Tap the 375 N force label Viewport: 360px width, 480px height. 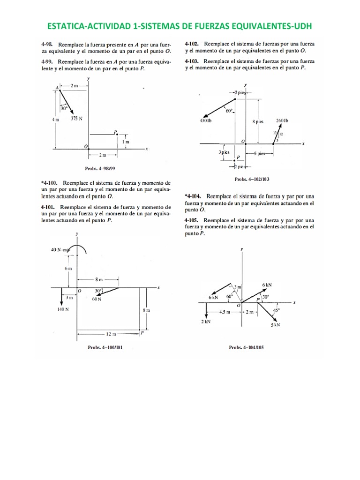76,119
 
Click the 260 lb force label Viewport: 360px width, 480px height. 282,121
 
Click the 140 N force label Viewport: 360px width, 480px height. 63,309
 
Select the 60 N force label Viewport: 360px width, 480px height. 97,299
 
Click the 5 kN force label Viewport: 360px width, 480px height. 275,325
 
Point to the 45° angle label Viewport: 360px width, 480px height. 277,310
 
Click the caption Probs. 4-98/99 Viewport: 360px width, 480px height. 96,168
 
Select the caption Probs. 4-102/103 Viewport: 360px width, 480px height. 252,179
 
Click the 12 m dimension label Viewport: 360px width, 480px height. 110,334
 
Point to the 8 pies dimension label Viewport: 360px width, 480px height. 258,121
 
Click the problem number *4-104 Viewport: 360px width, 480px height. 193,196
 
